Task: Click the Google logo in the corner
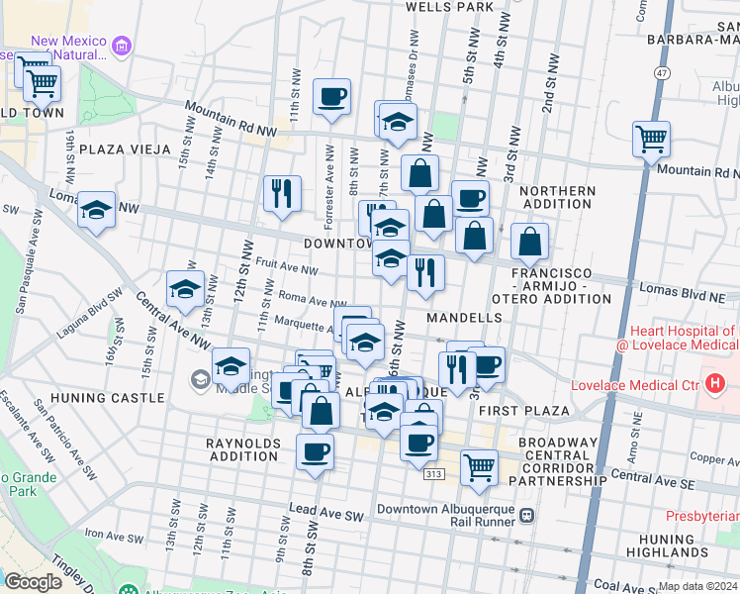click(x=32, y=582)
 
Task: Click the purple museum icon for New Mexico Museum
click(x=122, y=46)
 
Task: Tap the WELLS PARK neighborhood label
click(x=449, y=7)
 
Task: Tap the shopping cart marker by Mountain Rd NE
click(x=652, y=140)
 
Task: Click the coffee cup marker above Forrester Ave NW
click(x=331, y=97)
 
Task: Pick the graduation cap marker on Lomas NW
click(x=96, y=210)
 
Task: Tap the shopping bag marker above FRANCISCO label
click(x=529, y=241)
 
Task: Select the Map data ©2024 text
click(x=697, y=585)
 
